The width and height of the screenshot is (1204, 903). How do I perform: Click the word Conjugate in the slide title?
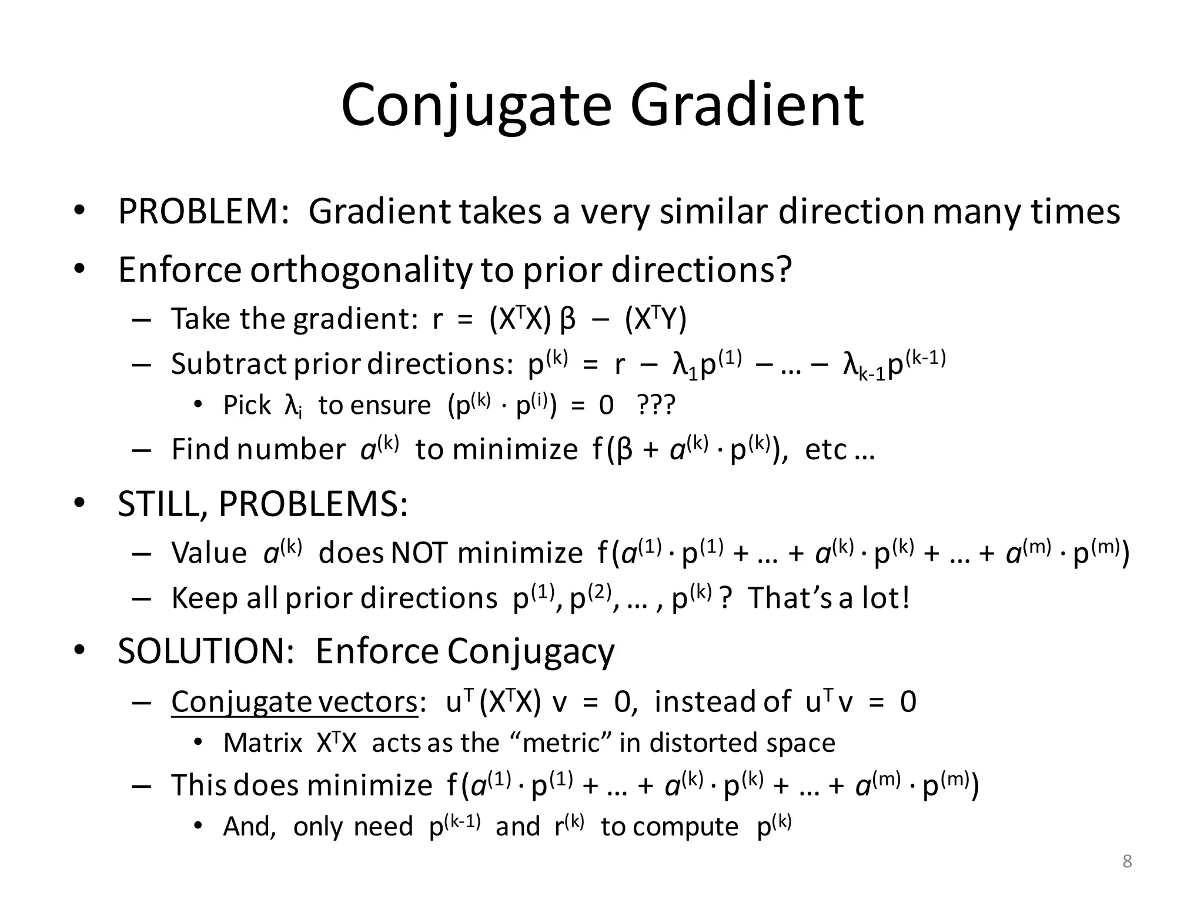click(x=476, y=106)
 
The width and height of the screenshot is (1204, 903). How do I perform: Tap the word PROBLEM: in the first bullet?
click(x=203, y=212)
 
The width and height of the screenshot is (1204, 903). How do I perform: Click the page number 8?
click(x=1127, y=862)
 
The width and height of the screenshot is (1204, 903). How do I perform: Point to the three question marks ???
click(x=657, y=406)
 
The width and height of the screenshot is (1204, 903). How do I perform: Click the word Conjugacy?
click(x=531, y=651)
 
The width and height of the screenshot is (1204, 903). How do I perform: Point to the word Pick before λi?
click(x=247, y=406)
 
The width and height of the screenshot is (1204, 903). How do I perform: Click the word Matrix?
click(x=263, y=743)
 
